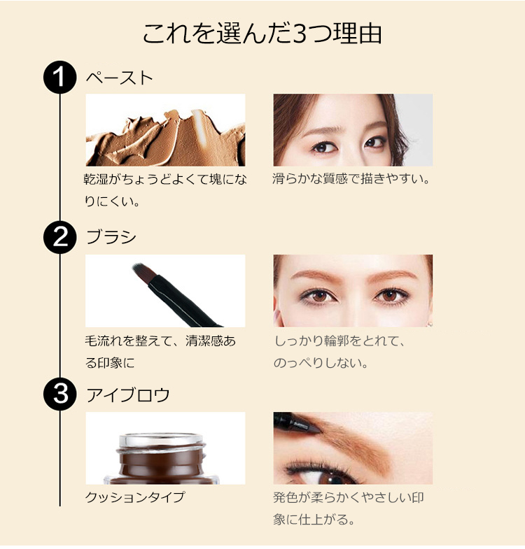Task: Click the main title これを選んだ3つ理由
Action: (x=262, y=34)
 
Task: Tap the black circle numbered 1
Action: (x=60, y=78)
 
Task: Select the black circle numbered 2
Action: (x=60, y=237)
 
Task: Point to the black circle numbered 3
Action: (x=60, y=394)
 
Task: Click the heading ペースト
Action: (x=120, y=78)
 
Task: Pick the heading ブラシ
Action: (x=111, y=237)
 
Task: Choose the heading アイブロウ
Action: (x=128, y=395)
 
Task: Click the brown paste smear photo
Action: (x=165, y=130)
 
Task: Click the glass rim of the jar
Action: (x=161, y=440)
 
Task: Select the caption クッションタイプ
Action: (x=135, y=497)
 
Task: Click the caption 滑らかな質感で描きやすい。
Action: (x=351, y=179)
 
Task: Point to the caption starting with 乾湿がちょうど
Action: (x=165, y=190)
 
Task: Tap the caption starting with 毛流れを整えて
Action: (x=160, y=352)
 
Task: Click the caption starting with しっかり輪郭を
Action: (x=339, y=352)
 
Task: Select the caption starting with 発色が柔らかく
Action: (x=349, y=508)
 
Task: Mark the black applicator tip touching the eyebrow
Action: (x=298, y=422)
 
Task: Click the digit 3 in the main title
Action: (x=300, y=34)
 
